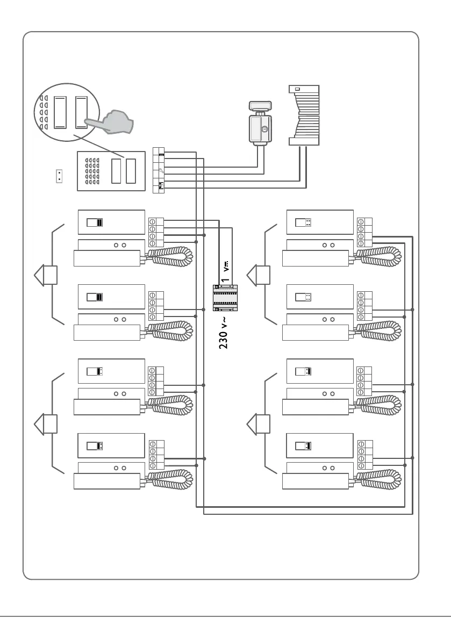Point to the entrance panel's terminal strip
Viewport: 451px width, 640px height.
(x=159, y=169)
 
